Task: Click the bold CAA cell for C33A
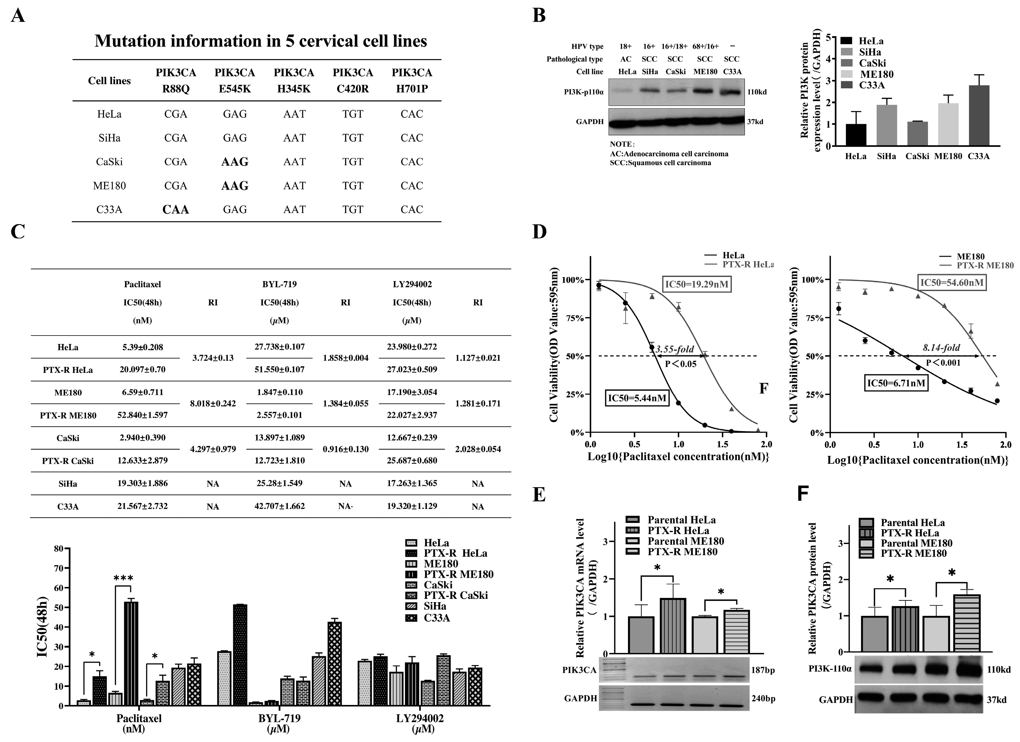[175, 209]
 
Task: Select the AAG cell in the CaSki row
[235, 162]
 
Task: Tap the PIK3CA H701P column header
[412, 81]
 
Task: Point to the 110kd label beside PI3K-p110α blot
[757, 92]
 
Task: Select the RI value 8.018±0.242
[213, 403]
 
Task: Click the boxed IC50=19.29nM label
[697, 284]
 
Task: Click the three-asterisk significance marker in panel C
[123, 578]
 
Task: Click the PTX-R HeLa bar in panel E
[673, 626]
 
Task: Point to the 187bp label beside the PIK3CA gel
[763, 670]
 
